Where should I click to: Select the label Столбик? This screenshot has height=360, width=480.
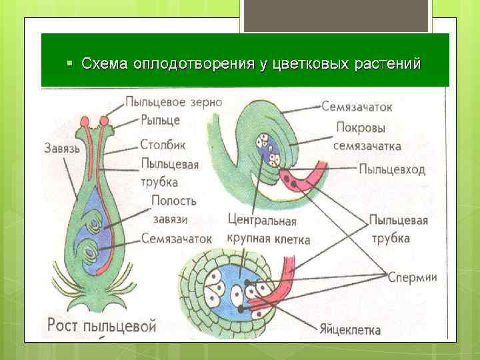click(x=163, y=144)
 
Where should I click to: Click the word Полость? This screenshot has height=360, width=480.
click(x=174, y=201)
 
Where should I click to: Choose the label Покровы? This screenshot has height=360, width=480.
click(x=361, y=127)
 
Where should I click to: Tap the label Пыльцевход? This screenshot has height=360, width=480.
click(x=392, y=169)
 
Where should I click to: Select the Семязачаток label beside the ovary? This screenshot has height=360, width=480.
click(x=176, y=238)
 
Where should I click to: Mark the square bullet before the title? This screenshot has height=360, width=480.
click(x=69, y=65)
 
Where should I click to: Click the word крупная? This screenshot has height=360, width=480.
click(x=249, y=238)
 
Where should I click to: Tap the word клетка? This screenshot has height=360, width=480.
click(x=291, y=238)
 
